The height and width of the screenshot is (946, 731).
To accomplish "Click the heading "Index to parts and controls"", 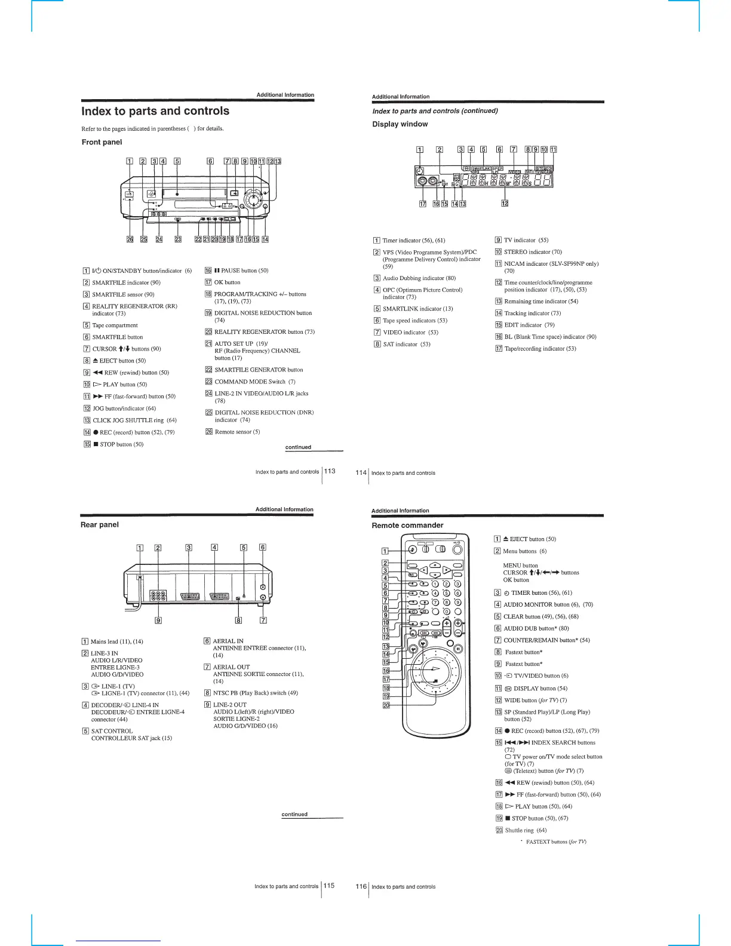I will pyautogui.click(x=155, y=111).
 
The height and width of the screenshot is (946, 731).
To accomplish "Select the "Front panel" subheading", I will pyautogui.click(x=102, y=142).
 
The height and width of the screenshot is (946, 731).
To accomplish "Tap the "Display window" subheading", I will pyautogui.click(x=400, y=124).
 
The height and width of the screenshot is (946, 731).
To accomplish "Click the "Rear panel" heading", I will pyautogui.click(x=100, y=525).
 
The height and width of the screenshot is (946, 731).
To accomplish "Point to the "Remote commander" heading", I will pyautogui.click(x=407, y=526).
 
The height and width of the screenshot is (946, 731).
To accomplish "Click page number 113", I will pyautogui.click(x=330, y=471).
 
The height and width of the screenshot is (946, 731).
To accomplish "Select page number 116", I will pyautogui.click(x=361, y=886).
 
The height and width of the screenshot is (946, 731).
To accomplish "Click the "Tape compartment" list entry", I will pyautogui.click(x=115, y=325).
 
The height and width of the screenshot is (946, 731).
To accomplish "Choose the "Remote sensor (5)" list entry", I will pyautogui.click(x=237, y=432).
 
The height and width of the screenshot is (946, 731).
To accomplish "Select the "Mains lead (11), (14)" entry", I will pyautogui.click(x=116, y=641).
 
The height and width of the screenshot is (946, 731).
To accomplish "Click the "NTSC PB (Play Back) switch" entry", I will pyautogui.click(x=255, y=693).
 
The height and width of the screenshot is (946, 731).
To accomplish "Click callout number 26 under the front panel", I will pyautogui.click(x=130, y=239).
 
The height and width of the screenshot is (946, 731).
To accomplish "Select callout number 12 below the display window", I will pyautogui.click(x=505, y=204).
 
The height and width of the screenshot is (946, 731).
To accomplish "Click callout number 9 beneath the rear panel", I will pyautogui.click(x=158, y=620).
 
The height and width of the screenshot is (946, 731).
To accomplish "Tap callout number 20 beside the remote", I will pyautogui.click(x=386, y=706).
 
